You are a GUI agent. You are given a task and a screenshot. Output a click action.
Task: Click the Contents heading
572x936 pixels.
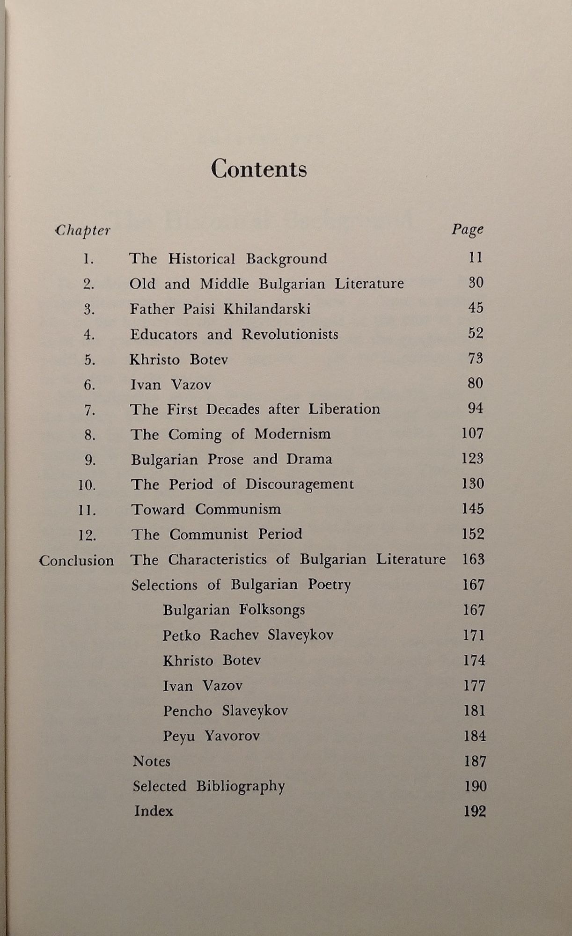point(259,168)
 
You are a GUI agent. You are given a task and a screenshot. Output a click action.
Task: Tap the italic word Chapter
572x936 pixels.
point(83,231)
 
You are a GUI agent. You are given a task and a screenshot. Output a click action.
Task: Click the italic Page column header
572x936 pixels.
point(467,229)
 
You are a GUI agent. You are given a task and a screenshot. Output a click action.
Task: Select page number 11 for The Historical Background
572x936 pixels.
point(475,257)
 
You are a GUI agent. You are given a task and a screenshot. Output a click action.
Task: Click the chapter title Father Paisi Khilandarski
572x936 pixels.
point(220,309)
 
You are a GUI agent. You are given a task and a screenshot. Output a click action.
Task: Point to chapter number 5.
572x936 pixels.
point(90,360)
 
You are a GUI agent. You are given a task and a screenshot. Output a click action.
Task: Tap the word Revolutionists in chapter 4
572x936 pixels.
point(290,334)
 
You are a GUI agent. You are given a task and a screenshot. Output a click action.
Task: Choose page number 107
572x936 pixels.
point(472,433)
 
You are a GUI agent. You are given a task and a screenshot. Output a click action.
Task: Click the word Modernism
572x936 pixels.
point(293,434)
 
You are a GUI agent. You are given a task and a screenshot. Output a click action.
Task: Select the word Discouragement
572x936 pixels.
point(300,484)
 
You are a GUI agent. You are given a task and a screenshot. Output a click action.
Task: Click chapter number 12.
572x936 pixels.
point(88,535)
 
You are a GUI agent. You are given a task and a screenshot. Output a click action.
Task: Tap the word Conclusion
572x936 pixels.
point(76,561)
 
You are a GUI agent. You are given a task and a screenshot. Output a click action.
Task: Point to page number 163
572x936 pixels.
point(473,559)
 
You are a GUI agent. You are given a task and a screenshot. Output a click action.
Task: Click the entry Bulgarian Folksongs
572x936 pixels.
point(234,610)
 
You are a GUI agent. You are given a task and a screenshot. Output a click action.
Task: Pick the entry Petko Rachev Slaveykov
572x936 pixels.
point(248,635)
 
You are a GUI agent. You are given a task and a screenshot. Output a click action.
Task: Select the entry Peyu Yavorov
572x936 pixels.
point(211,736)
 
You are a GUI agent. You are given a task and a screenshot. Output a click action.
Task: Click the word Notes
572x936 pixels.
point(151,761)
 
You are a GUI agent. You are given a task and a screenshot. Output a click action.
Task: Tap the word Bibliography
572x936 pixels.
point(240,786)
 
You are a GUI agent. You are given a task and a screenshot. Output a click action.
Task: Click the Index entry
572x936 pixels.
point(154,811)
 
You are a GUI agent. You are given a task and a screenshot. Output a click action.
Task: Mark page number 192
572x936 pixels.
point(475,811)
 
